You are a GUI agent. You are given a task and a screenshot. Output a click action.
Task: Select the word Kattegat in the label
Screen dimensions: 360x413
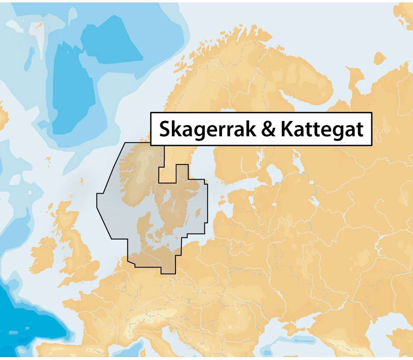(x=322, y=129)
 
